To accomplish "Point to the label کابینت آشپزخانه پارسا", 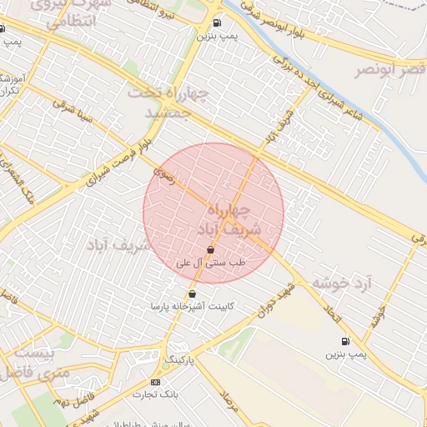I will (192, 307).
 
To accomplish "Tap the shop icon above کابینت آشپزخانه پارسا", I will (193, 294).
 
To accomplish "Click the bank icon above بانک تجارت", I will (154, 381).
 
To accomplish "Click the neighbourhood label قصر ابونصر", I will (389, 69).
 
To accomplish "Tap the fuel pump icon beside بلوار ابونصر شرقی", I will (217, 24).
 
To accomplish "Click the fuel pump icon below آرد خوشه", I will (344, 341).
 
